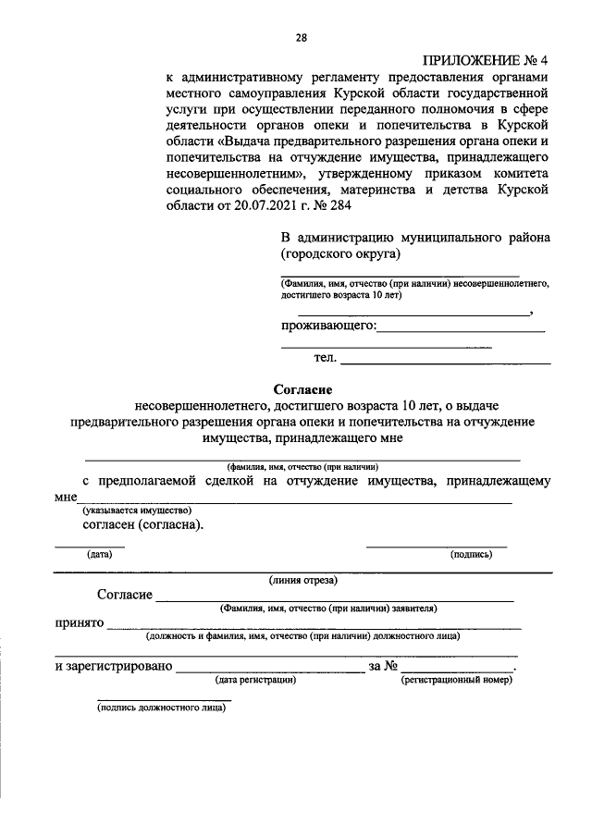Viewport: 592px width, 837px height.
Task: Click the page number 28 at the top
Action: (301, 38)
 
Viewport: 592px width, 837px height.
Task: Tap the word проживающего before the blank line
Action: (327, 325)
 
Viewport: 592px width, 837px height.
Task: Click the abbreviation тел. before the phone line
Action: (326, 358)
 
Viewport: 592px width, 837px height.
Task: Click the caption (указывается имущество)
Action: (137, 511)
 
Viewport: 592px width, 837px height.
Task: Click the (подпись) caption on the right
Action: (471, 555)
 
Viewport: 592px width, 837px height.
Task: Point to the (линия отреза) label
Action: (303, 581)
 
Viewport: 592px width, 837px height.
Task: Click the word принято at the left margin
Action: (80, 624)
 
